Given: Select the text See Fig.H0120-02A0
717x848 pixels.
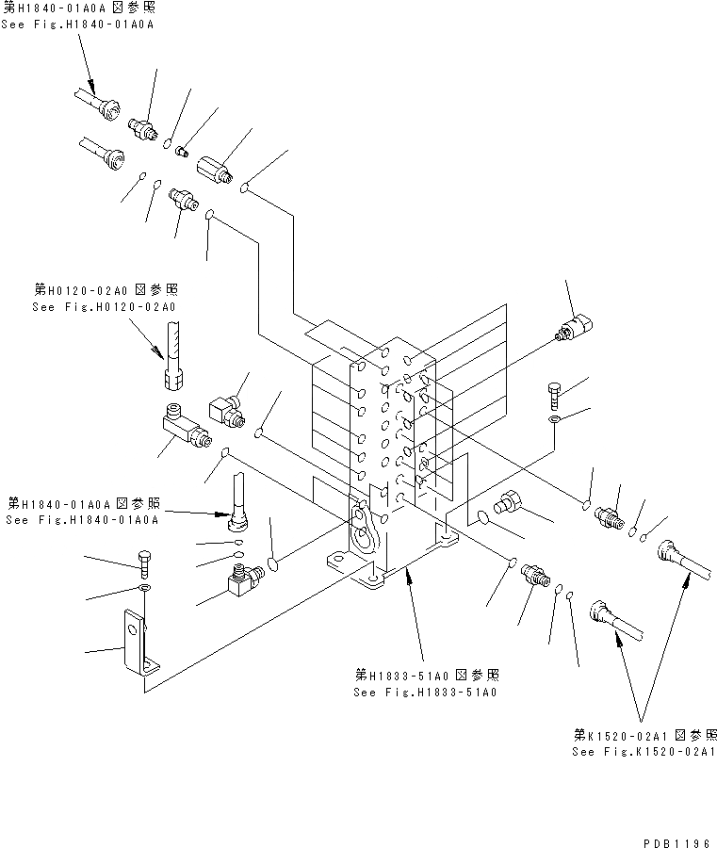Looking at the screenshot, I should pos(105,307).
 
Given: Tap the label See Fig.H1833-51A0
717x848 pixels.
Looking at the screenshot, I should pos(425,693).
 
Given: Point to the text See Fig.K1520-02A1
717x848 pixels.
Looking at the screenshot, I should pos(644,752).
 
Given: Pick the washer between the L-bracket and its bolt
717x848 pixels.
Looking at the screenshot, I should pos(142,589).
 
